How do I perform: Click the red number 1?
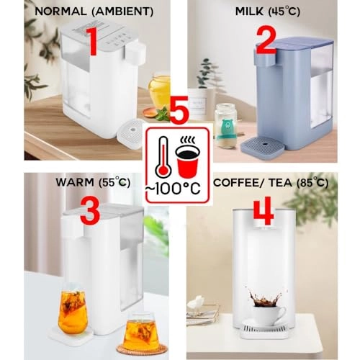point(92,42)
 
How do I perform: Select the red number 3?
point(90,214)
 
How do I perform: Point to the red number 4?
point(264,214)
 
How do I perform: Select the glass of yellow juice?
point(159,91)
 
